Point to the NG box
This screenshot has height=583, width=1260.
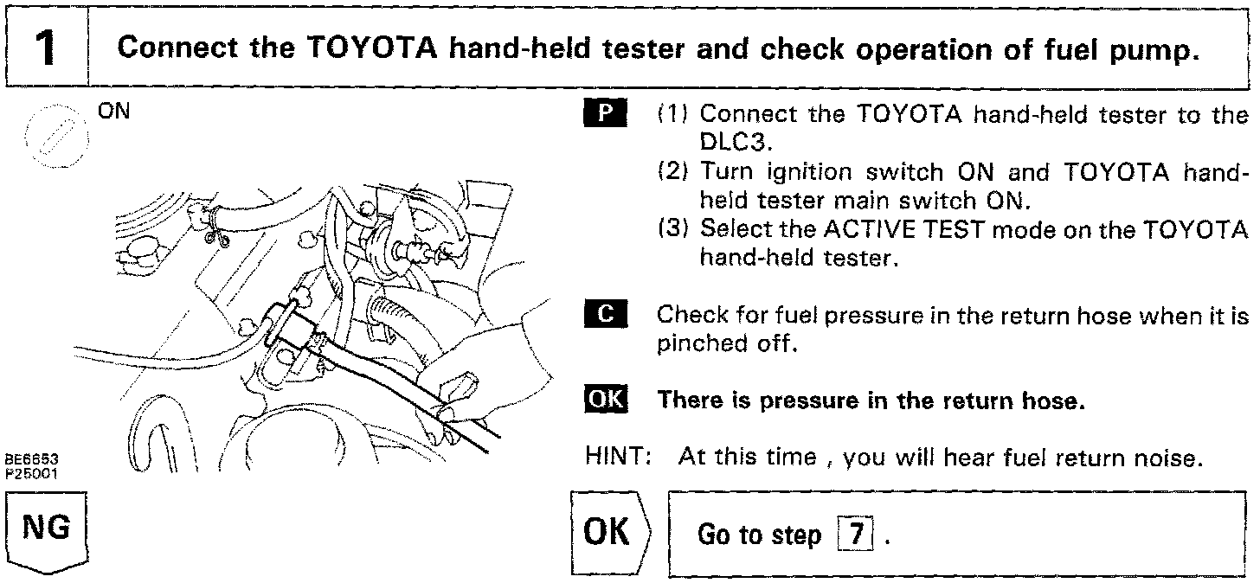click(48, 529)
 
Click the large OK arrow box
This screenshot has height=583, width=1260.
click(609, 532)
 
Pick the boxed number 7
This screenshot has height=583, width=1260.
click(855, 535)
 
